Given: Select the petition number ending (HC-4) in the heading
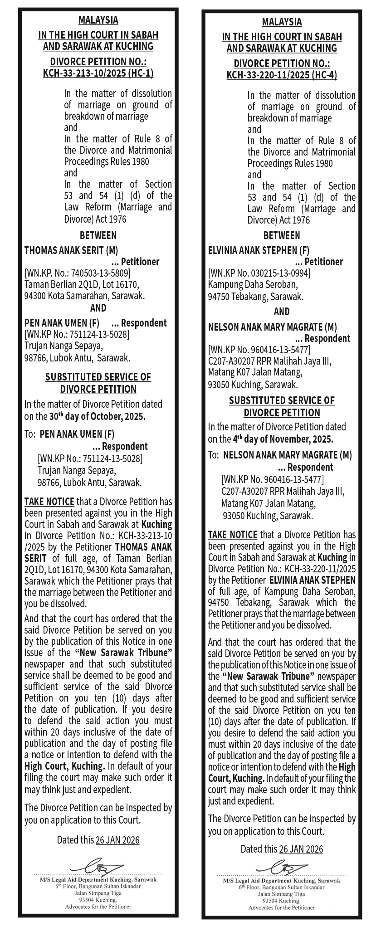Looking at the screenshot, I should click(282, 75).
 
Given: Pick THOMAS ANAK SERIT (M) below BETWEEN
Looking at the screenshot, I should click(71, 250).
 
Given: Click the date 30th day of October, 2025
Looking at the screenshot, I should click(98, 416).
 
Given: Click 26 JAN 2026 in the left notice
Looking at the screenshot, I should click(117, 840).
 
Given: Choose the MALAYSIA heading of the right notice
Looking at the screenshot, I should click(282, 22).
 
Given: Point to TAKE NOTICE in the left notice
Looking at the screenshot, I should click(49, 502).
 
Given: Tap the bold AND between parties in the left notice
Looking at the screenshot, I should click(98, 308).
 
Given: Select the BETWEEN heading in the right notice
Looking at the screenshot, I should click(282, 235).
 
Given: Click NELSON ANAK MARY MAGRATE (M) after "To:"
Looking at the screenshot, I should click(288, 455).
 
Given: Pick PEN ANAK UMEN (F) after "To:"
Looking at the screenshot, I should click(77, 434).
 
